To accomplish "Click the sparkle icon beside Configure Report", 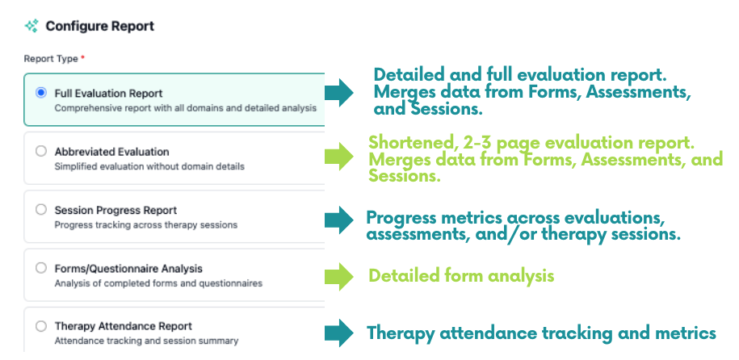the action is pos(31,26).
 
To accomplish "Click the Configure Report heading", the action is pos(99,26).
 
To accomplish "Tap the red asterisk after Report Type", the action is pos(83,58).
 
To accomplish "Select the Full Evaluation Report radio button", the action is pos(41,93).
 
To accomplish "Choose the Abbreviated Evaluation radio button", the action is pos(41,151).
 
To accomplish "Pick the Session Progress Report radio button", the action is pos(41,210).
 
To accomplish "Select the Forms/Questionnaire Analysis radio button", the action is pos(41,268).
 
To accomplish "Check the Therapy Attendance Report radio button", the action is pos(41,325).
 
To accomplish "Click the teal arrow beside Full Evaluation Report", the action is pos(339,92).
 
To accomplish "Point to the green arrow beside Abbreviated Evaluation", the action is pos(339,157).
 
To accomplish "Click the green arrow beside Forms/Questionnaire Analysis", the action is pos(339,277).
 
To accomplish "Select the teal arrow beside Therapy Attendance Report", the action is pos(339,333).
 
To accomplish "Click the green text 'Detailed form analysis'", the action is pos(461,276).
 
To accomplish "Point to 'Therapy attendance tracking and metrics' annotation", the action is pos(541,333).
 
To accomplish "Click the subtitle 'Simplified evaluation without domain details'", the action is pos(149,166).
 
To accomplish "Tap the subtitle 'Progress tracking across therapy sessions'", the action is pos(146,224).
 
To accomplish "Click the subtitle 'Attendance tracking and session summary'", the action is pos(146,340).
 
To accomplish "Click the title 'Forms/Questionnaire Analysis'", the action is pos(128,269).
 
